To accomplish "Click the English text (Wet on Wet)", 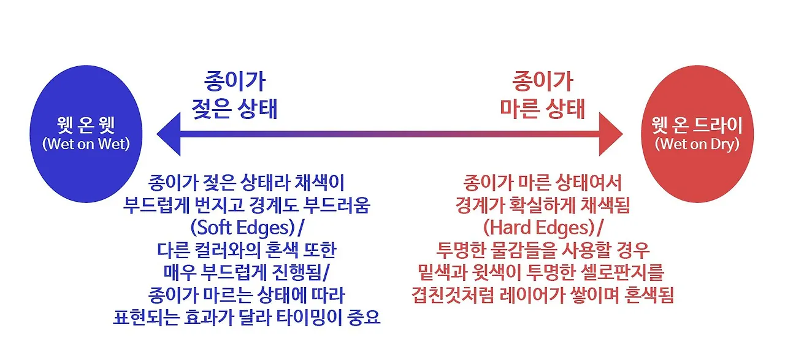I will (85, 145).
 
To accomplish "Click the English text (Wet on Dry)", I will (697, 145).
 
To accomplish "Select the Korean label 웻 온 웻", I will (85, 126).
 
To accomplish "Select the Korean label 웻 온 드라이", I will (697, 126).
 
